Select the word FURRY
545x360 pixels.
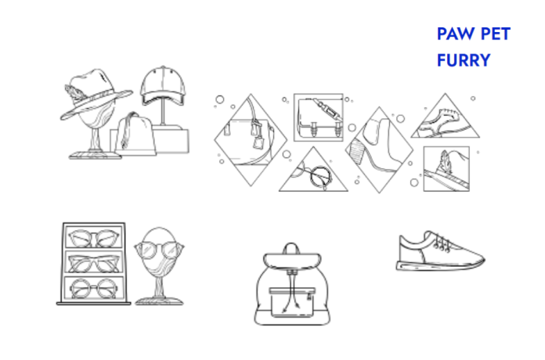pyautogui.click(x=464, y=60)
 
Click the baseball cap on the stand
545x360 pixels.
pyautogui.click(x=163, y=85)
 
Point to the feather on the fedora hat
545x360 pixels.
pyautogui.click(x=75, y=93)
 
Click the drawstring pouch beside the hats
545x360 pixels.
pyautogui.click(x=135, y=134)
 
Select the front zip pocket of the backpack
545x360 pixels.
pyautogui.click(x=292, y=302)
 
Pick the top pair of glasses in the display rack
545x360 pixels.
pyautogui.click(x=94, y=238)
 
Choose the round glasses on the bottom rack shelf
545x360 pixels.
pyautogui.click(x=94, y=289)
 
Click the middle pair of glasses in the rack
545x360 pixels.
pyautogui.click(x=94, y=263)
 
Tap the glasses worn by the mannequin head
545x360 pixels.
pyautogui.click(x=159, y=250)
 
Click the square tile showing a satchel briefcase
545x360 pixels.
pyautogui.click(x=319, y=117)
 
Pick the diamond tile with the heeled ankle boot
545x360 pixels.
pyautogui.click(x=379, y=149)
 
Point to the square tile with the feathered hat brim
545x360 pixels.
pyautogui.click(x=446, y=169)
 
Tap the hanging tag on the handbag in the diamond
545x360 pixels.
pyautogui.click(x=258, y=142)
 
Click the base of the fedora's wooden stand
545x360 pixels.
pyautogui.click(x=95, y=155)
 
